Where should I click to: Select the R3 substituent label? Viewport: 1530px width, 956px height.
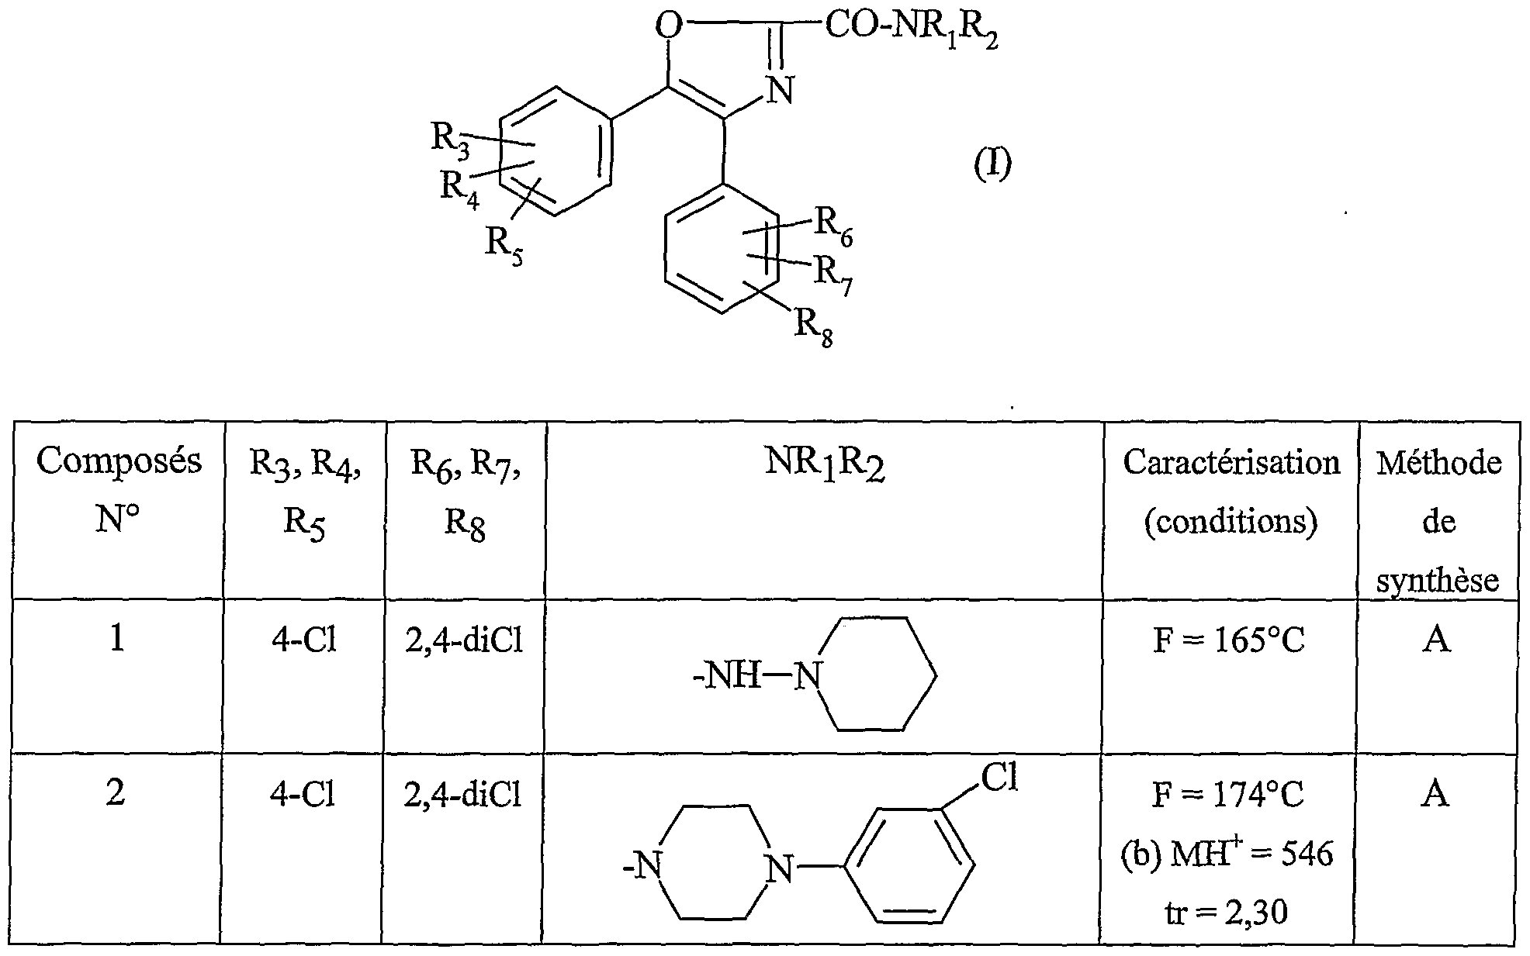click(x=450, y=140)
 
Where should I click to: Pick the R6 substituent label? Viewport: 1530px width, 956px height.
click(x=832, y=226)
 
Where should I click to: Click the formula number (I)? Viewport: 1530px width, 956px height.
click(x=992, y=164)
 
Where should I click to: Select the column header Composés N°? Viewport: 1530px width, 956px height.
click(x=118, y=490)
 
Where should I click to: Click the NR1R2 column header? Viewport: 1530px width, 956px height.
click(x=825, y=465)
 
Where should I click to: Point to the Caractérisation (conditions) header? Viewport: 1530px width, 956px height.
click(x=1231, y=492)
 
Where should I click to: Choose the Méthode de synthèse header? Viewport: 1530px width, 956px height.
click(x=1438, y=521)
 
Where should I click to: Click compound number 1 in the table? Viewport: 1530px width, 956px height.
click(x=117, y=640)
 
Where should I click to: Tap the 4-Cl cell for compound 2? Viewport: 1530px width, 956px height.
click(x=303, y=795)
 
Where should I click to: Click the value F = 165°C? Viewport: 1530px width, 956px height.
click(x=1229, y=641)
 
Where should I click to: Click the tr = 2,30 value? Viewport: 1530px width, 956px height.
click(x=1229, y=912)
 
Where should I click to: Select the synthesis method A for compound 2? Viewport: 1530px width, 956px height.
click(x=1435, y=795)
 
